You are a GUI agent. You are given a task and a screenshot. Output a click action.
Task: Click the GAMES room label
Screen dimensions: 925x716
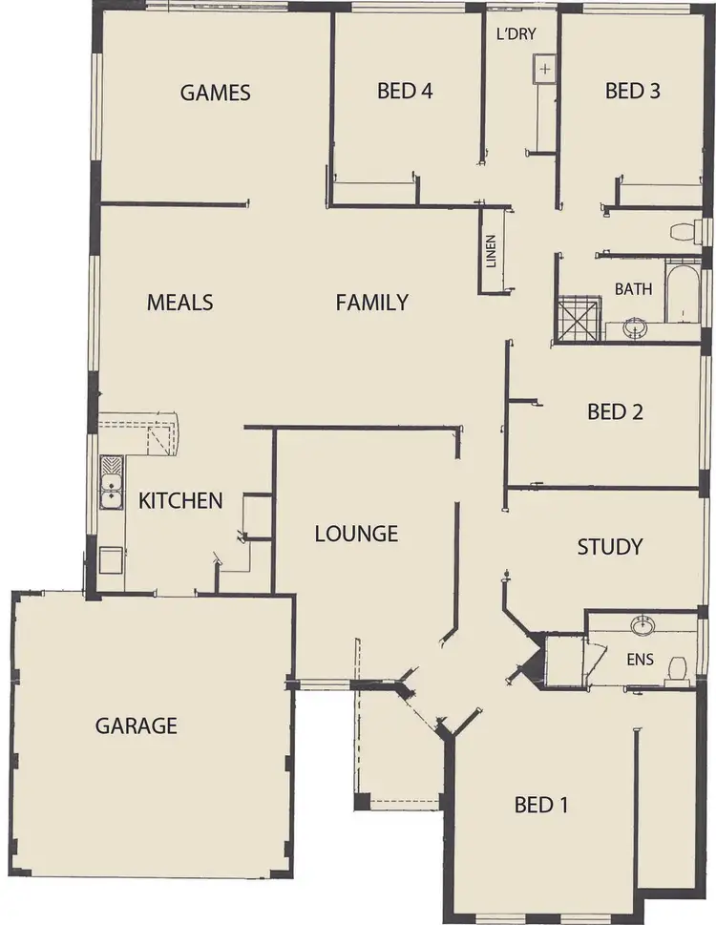215,93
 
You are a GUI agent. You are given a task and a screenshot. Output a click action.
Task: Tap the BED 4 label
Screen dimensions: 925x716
405,92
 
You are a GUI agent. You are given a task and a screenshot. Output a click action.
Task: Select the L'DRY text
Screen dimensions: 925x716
516,34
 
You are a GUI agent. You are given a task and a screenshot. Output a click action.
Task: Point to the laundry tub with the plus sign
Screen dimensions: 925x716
544,70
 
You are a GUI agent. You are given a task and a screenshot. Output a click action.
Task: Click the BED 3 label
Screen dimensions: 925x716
632,92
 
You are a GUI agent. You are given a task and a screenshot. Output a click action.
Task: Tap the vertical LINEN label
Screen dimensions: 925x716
491,251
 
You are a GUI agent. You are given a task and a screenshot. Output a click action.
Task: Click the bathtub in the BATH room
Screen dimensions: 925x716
683,291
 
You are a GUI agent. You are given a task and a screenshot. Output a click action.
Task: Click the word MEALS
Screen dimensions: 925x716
179,303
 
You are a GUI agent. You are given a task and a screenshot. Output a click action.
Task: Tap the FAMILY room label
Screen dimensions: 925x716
371,303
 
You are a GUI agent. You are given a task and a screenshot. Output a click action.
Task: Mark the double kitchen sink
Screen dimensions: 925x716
112,483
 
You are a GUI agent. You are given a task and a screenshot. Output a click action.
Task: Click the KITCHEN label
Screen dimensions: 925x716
180,500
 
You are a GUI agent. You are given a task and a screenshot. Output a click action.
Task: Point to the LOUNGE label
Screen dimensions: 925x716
356,534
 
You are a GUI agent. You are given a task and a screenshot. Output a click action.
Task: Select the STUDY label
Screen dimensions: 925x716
609,547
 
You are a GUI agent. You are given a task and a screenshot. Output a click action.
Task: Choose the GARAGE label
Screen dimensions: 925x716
136,725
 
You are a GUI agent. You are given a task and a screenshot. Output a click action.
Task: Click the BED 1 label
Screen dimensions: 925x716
541,805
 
